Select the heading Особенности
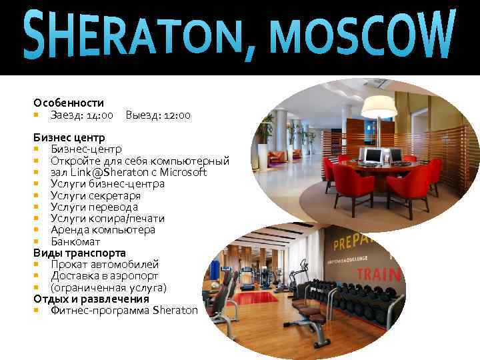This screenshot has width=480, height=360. (69, 103)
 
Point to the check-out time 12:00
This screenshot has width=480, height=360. (177, 115)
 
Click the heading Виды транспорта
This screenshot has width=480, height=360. (79, 253)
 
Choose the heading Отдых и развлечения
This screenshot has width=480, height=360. (91, 299)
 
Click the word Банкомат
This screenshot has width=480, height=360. (75, 241)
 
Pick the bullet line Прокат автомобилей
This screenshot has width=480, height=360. (105, 264)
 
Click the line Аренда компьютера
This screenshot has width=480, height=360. (103, 229)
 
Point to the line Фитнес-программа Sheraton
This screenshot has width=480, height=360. (124, 310)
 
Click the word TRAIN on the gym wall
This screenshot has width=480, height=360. (378, 273)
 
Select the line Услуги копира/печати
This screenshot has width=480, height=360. (107, 218)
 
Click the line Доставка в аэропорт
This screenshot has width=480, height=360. (104, 275)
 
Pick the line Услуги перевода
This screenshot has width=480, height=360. (94, 207)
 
